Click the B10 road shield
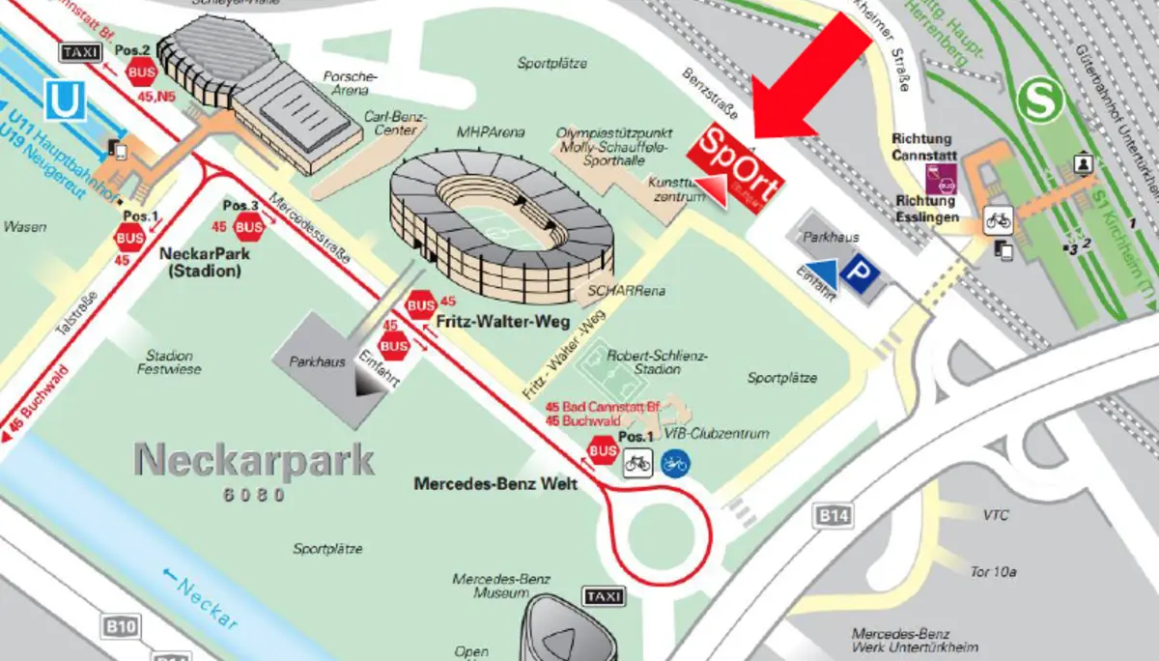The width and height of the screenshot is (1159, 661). (x=121, y=628)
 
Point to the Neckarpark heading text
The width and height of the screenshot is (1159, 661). (x=254, y=462)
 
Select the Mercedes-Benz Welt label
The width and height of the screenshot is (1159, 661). (x=495, y=483)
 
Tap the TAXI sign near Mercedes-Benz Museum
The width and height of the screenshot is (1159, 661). (x=604, y=597)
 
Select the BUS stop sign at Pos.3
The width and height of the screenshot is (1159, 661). (x=249, y=228)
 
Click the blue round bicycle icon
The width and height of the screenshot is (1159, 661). (x=674, y=465)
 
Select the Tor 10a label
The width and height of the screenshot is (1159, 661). (x=994, y=571)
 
